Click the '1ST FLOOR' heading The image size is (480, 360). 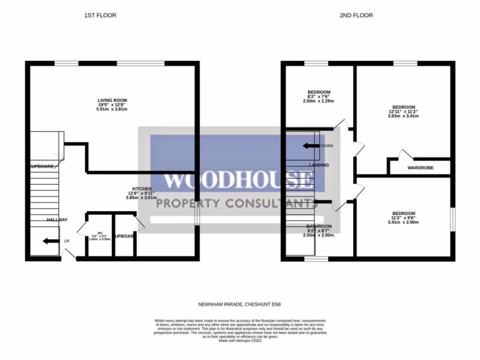coord(100,15)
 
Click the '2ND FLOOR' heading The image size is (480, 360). coord(356,15)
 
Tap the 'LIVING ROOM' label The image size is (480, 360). coord(112,100)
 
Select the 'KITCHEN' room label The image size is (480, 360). coord(141,188)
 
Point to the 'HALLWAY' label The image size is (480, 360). coord(57,220)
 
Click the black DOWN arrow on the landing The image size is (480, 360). coord(310,146)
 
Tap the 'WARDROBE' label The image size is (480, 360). coord(420,168)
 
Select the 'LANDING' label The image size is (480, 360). coord(319,165)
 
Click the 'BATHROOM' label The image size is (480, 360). coord(319,226)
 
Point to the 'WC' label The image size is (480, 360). coord(100,233)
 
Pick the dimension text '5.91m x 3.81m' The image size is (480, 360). coord(112,109)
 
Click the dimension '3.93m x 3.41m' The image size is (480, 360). coord(403,116)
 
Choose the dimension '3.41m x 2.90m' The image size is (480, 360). coord(403,223)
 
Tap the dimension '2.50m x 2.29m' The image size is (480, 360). coord(319,101)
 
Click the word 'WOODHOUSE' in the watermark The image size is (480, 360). coord(238,180)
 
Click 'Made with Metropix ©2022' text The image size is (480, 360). coord(240,341)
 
